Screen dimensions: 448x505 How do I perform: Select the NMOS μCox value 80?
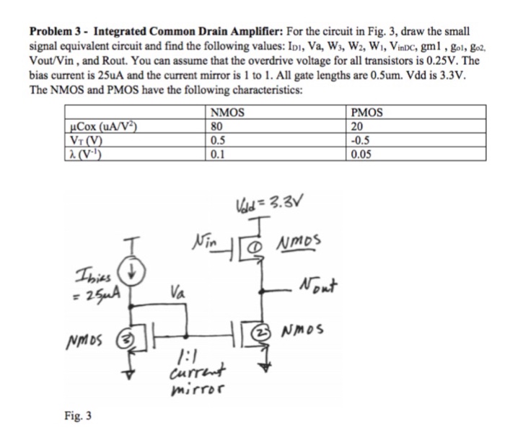point(216,125)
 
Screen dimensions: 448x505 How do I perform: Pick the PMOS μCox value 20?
point(358,125)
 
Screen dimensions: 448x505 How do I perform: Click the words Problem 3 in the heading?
point(57,32)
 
